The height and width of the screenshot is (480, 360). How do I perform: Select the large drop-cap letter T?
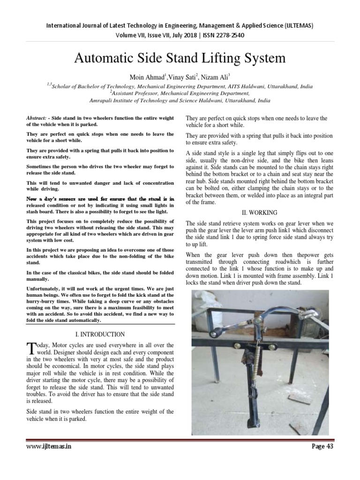click(x=32, y=348)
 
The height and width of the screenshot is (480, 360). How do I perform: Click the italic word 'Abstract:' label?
click(x=39, y=118)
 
